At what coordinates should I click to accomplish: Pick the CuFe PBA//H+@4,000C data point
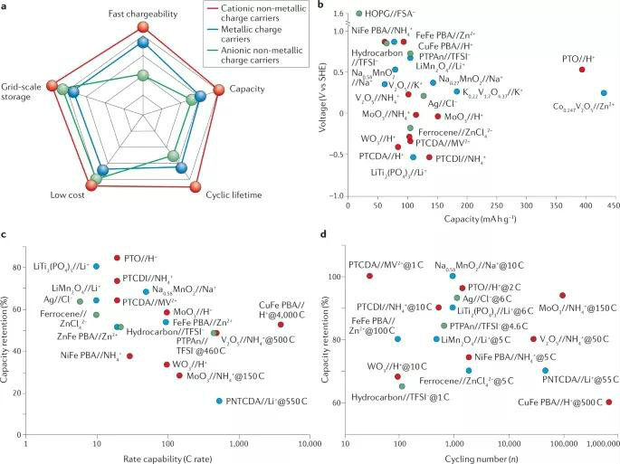281,325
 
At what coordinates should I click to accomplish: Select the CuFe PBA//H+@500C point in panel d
608,402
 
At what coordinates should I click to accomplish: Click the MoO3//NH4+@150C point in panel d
563,296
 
